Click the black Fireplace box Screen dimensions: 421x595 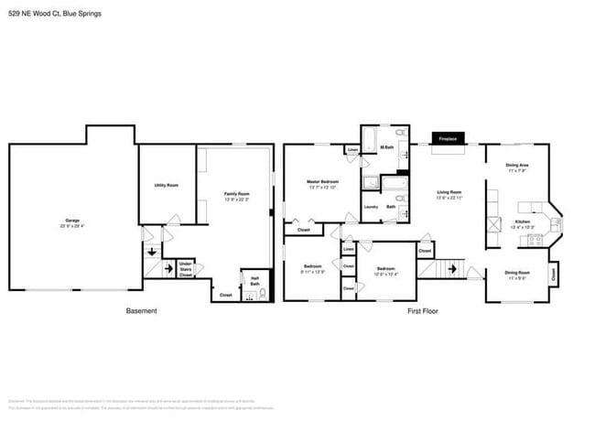[x=449, y=138]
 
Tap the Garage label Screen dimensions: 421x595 [x=72, y=221]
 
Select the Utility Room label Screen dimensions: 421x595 [x=166, y=185]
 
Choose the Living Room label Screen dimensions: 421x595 [x=449, y=194]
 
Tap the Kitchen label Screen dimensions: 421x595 [x=523, y=222]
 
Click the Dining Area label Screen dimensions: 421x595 [x=518, y=167]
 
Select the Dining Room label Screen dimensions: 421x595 [x=518, y=273]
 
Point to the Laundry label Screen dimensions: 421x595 [x=371, y=207]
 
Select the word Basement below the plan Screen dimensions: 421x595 [x=141, y=311]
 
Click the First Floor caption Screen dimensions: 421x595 [x=423, y=311]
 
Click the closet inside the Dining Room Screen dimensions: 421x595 [x=553, y=272]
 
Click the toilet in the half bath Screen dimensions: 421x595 [x=263, y=294]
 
